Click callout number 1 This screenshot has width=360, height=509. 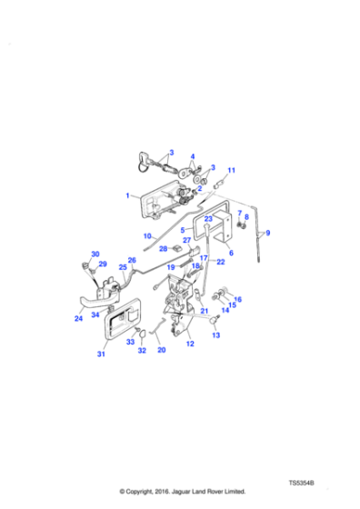pos(128,195)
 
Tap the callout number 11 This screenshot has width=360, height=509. pos(231,170)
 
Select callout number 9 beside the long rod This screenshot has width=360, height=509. pos(267,234)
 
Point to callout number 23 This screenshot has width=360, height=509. pos(207,219)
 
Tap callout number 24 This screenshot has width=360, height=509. pos(78,319)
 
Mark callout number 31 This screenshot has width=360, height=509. pos(102,354)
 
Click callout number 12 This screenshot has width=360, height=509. pos(190,344)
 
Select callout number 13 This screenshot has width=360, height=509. pos(215,335)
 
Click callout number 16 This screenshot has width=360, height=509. pos(238,299)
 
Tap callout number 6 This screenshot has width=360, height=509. pos(230,253)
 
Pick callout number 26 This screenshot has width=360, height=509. pos(132,260)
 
